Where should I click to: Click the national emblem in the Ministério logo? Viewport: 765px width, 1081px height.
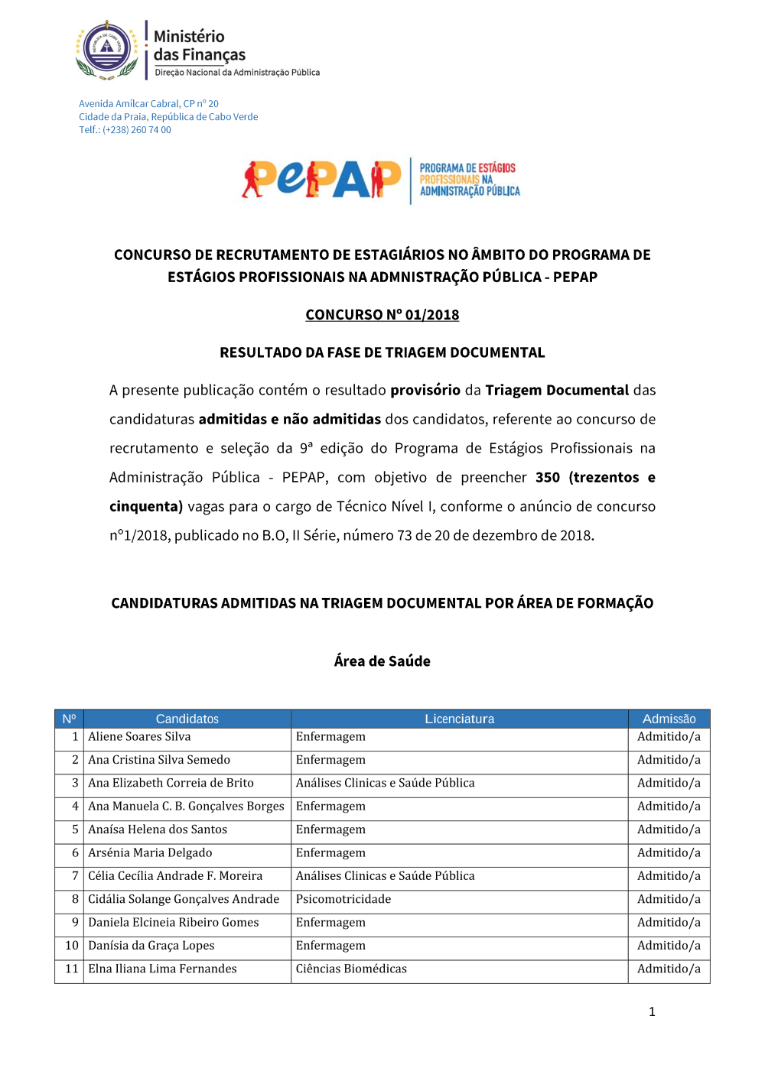107,49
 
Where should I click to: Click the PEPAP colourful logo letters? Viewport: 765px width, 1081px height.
321,180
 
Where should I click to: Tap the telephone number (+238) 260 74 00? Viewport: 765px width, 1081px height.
136,130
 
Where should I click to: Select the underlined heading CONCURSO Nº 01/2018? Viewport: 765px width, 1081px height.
382,315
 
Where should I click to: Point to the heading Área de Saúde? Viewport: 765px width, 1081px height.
382,661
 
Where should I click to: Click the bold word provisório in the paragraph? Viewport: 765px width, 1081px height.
425,390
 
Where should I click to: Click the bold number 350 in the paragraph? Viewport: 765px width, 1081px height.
548,477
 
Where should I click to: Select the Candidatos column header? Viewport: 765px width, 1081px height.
187,719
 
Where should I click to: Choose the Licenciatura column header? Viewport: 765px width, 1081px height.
459,719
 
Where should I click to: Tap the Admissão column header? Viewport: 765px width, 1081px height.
669,719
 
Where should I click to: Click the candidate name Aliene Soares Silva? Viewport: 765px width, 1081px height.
139,737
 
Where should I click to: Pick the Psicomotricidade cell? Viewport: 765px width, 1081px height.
343,899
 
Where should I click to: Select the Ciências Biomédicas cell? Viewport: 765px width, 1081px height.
351,969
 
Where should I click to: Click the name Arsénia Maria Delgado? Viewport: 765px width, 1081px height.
150,852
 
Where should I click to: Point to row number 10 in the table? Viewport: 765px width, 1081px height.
72,946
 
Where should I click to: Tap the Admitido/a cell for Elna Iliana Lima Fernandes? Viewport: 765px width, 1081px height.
669,969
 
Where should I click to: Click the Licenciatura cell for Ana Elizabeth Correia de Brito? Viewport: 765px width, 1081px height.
385,783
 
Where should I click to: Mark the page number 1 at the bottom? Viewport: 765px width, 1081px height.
652,1011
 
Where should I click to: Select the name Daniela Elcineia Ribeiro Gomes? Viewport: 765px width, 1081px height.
174,922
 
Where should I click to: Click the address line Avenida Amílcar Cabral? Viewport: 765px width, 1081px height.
148,104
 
